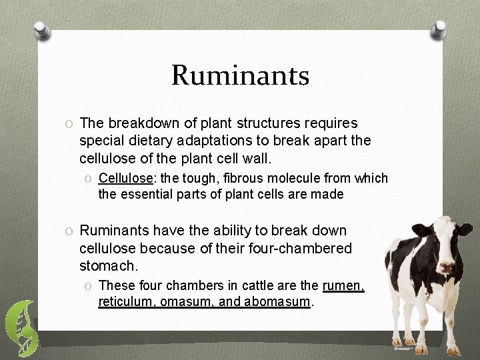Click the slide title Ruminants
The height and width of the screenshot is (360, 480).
[240, 75]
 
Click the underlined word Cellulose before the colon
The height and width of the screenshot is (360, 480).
[123, 178]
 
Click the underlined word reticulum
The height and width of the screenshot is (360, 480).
[125, 302]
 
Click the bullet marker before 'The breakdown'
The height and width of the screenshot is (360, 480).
[69, 123]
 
